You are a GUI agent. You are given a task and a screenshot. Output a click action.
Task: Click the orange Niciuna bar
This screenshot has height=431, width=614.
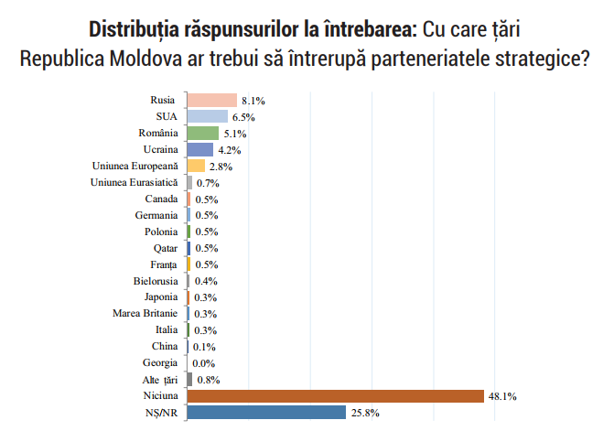[335, 396]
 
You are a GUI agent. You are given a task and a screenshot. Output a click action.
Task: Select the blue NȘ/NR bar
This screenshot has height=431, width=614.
[265, 413]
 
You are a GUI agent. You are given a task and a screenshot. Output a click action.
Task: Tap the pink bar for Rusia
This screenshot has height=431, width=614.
[211, 100]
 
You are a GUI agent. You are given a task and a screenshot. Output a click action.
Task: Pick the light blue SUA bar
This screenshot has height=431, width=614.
[207, 116]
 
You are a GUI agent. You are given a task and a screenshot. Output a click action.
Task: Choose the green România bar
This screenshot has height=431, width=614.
[202, 133]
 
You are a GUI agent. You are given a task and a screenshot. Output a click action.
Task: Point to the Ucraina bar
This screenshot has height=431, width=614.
[199, 149]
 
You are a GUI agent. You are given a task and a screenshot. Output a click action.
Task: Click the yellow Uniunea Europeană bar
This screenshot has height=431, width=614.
[195, 166]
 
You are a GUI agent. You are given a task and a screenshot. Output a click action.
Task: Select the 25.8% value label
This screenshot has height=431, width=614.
[362, 414]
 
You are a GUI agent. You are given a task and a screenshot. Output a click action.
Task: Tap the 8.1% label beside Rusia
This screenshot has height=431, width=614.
[253, 101]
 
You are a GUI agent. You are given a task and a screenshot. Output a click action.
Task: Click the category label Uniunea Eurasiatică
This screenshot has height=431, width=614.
[135, 182]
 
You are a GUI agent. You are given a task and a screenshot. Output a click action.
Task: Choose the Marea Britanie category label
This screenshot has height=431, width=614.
[145, 314]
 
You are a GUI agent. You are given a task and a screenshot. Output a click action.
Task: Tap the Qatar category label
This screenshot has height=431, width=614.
[166, 248]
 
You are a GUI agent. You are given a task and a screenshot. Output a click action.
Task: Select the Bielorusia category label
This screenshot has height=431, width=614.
[156, 281]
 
